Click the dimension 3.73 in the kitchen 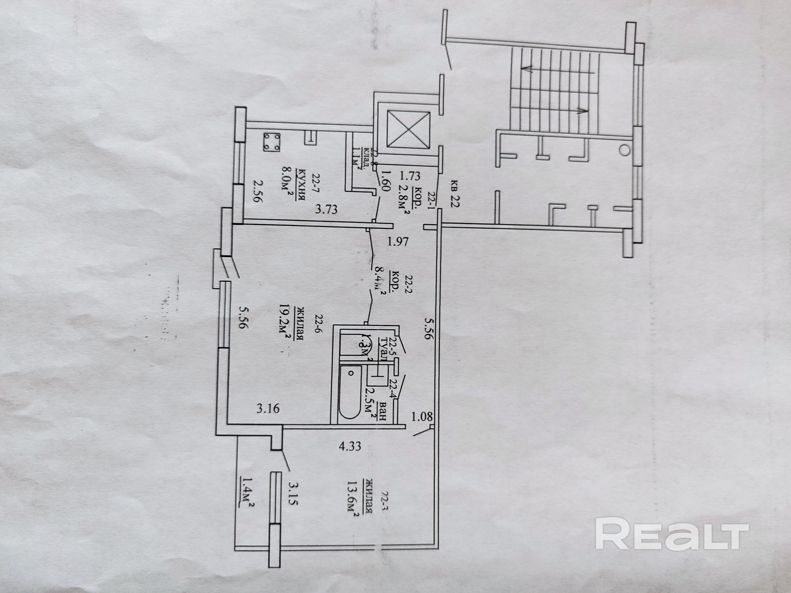(326, 209)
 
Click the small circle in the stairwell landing (624, 150)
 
